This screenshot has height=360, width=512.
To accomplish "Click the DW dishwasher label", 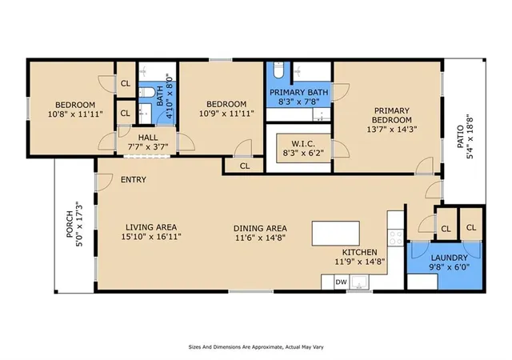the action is click(342, 282).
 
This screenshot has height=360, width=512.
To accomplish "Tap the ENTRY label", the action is click(134, 180).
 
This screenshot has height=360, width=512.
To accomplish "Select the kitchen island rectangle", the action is click(336, 234).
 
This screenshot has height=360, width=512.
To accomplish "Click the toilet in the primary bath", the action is click(278, 70).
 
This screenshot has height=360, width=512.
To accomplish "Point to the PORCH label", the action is click(70, 224).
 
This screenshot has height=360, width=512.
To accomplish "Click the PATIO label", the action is click(460, 137).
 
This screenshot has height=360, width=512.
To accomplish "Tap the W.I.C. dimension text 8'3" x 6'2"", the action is click(304, 152).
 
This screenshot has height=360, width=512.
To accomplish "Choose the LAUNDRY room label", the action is click(450, 258).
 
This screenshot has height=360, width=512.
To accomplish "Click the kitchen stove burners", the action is click(396, 238).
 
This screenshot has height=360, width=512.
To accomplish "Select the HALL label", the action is click(148, 138).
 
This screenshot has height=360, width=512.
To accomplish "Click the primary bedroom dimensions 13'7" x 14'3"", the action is click(392, 129).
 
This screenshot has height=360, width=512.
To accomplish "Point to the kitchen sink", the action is click(359, 282).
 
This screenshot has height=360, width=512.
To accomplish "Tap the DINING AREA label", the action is click(260, 228).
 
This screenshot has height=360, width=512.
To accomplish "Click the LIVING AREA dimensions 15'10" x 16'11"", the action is click(151, 237).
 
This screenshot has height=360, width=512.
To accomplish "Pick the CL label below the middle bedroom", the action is click(245, 166).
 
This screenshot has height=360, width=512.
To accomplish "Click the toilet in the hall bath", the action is click(147, 93).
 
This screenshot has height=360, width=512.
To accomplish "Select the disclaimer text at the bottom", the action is click(256, 347).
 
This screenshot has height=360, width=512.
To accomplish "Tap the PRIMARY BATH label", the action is click(298, 93).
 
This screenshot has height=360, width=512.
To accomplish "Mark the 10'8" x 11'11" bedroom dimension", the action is click(75, 114).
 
